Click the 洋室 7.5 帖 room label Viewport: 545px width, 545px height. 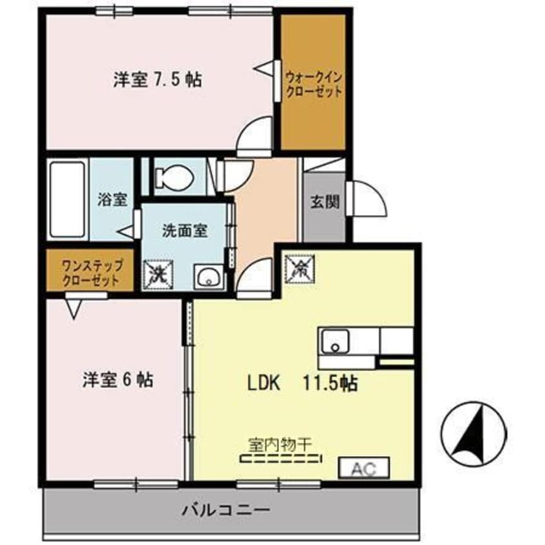click(x=157, y=80)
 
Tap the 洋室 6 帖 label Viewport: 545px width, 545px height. click(x=117, y=379)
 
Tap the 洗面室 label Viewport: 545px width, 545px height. click(x=184, y=230)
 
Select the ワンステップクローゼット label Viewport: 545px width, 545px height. click(x=90, y=272)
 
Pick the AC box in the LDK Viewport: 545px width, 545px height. click(x=364, y=468)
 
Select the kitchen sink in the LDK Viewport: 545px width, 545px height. click(x=335, y=341)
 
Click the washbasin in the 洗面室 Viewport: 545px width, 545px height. click(x=210, y=278)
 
